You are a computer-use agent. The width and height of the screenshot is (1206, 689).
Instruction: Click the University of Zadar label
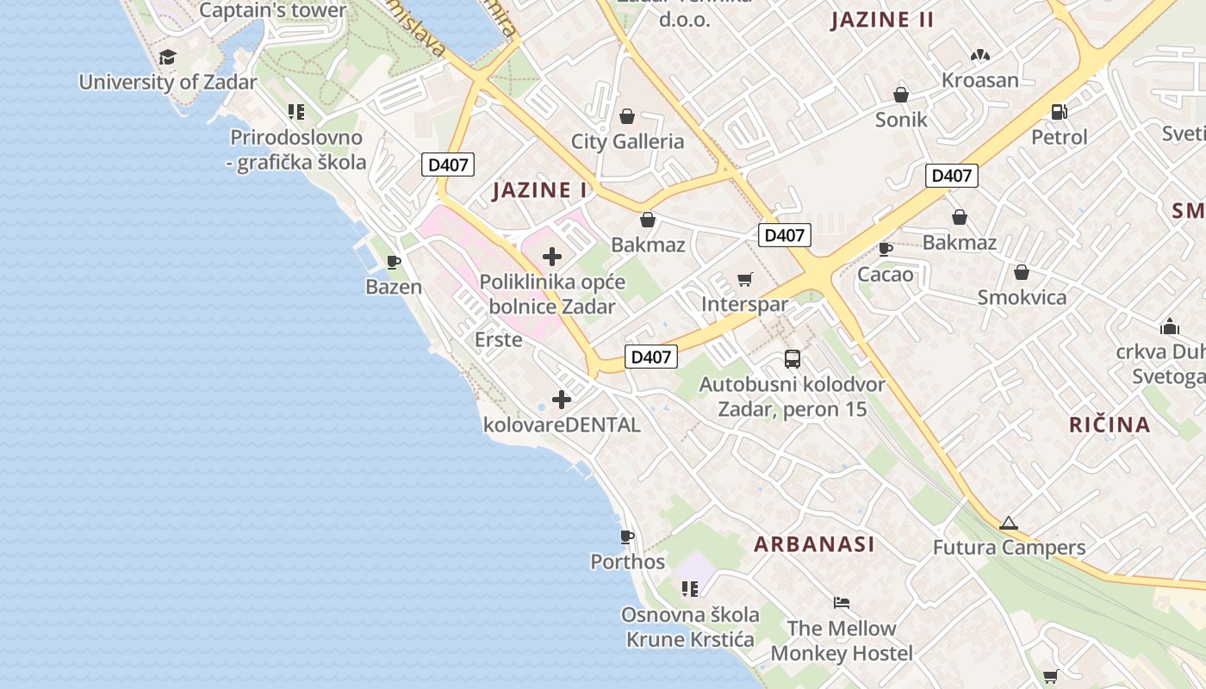pos(168,83)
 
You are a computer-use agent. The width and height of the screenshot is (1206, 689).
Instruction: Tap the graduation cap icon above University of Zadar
pos(167,58)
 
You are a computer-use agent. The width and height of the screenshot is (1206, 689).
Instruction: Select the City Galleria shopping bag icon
pos(627,116)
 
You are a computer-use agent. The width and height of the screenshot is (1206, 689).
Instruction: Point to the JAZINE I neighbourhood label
pos(540,190)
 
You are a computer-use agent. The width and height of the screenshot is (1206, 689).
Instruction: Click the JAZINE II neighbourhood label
pos(882,21)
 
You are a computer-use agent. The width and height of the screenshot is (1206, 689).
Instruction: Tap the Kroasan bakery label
pos(980,80)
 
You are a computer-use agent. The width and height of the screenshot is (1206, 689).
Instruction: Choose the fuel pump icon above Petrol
pos(1060,112)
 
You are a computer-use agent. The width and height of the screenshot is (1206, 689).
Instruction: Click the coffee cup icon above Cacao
pos(885,250)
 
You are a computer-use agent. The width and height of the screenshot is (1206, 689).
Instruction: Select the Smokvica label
pos(1022,297)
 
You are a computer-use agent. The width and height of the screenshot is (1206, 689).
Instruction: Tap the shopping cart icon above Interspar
pos(745,280)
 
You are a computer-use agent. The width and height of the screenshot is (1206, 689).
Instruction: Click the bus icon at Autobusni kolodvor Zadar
pos(793,359)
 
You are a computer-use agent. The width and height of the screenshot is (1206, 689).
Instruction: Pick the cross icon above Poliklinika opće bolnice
pos(552,257)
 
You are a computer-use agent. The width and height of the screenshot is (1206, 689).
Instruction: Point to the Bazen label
pos(394,287)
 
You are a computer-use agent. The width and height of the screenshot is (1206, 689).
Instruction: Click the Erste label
pos(499,339)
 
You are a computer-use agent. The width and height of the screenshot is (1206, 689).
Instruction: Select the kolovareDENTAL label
pos(562,425)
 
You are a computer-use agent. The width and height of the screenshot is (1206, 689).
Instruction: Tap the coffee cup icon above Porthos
pos(627,537)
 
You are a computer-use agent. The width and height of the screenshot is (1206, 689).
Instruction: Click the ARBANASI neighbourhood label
pos(814,543)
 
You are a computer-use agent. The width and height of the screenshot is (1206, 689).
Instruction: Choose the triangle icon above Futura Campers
pos(1009,523)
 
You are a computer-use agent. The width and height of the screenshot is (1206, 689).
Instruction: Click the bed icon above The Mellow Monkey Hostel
pos(842,603)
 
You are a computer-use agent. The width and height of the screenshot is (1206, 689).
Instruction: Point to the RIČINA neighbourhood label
pos(1110,424)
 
